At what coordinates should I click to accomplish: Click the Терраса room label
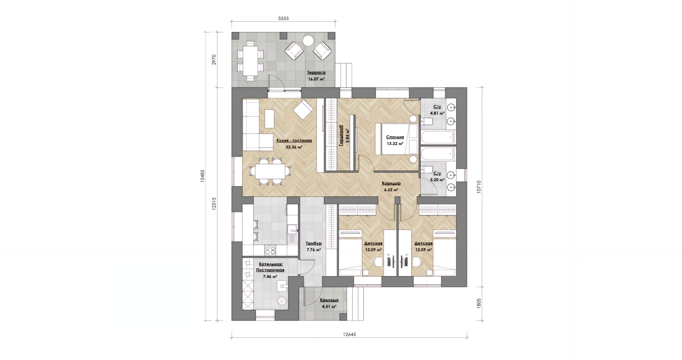(x=316, y=72)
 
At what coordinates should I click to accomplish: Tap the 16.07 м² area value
(x=316, y=79)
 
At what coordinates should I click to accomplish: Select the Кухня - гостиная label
(x=294, y=140)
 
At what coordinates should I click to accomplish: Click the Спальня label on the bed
(x=395, y=137)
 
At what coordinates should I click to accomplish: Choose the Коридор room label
(x=391, y=183)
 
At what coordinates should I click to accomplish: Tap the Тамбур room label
(x=314, y=243)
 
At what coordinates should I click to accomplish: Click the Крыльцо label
(x=329, y=300)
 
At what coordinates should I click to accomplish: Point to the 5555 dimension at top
(x=283, y=18)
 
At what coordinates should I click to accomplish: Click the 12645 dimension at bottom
(x=349, y=334)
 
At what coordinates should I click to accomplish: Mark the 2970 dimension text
(x=214, y=59)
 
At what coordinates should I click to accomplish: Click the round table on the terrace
(x=308, y=41)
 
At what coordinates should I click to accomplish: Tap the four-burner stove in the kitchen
(x=270, y=250)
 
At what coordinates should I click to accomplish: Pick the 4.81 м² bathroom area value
(x=437, y=113)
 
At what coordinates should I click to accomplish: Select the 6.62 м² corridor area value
(x=391, y=190)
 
